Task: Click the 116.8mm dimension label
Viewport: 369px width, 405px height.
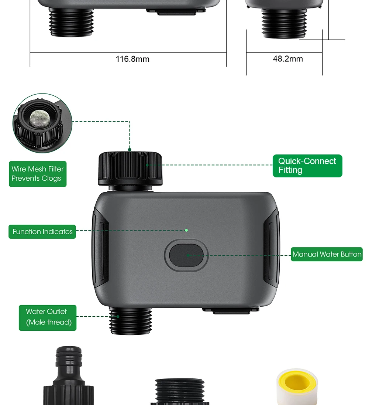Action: (x=132, y=59)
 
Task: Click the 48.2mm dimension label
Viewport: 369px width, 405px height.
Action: (x=288, y=59)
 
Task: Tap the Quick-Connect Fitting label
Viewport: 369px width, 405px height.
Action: (x=307, y=166)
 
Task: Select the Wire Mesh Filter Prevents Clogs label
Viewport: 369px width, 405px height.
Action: (x=38, y=174)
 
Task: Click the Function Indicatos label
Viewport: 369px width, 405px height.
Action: (x=42, y=232)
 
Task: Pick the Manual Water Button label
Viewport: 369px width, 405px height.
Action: (x=327, y=254)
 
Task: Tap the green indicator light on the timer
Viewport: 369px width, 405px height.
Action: (x=186, y=230)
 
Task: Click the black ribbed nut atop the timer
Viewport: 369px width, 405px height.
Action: (x=130, y=169)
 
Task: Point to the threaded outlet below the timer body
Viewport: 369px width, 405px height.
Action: (x=131, y=321)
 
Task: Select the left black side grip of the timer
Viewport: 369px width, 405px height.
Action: (x=100, y=248)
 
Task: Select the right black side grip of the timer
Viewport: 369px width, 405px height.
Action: (x=271, y=248)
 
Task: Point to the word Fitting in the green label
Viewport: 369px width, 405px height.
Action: (x=290, y=170)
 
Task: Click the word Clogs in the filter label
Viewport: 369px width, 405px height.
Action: (x=51, y=178)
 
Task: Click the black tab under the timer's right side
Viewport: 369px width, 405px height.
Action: (x=231, y=310)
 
